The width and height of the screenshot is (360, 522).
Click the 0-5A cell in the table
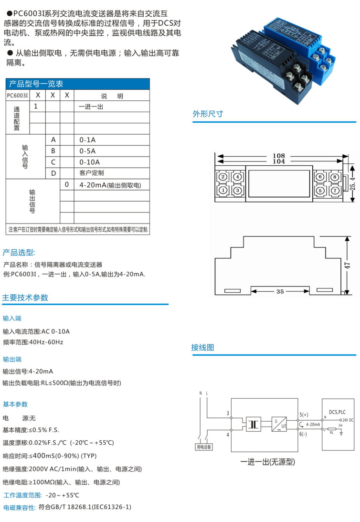tap(87, 151)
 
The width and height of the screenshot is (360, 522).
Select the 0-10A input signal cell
tap(89, 162)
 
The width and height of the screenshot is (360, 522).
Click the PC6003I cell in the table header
tap(18, 96)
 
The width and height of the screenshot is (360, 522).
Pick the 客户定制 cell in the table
tap(92, 173)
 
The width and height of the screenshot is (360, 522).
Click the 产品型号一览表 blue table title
tap(36, 84)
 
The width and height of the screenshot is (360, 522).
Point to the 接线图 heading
tap(203, 347)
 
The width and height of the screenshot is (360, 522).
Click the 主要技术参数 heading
tap(25, 298)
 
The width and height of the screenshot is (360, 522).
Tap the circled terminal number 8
tap(335, 177)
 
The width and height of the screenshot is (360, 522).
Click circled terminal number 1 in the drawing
tap(222, 190)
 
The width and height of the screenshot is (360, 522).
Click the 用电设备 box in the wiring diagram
tap(204, 447)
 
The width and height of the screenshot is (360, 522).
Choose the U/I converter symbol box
tap(279, 424)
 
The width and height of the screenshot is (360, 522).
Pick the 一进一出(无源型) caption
tap(267, 462)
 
